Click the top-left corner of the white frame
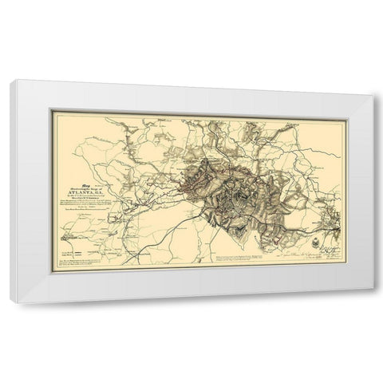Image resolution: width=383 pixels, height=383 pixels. click(x=11, y=83)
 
